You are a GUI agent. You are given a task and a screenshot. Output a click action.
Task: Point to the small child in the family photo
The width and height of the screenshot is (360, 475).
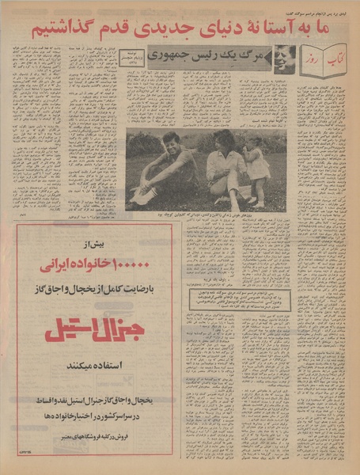[x=257, y=166]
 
